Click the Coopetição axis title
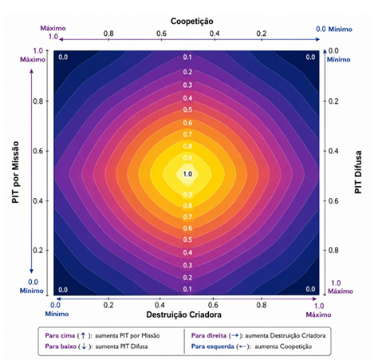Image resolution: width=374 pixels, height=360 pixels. point(191,22)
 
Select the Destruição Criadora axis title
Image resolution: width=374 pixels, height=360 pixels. point(183,315)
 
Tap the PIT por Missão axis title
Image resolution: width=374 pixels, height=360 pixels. point(15,172)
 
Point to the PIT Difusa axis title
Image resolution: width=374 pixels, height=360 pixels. point(358,172)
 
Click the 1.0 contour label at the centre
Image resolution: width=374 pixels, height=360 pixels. point(187,174)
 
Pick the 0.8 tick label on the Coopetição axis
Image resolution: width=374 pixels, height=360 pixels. point(108,34)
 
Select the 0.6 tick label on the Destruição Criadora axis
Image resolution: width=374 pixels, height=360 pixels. point(213,305)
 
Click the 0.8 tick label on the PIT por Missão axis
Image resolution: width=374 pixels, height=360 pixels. point(37,101)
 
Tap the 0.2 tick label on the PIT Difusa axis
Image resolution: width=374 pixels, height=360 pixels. point(333,101)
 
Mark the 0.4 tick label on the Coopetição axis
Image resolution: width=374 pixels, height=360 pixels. point(215,34)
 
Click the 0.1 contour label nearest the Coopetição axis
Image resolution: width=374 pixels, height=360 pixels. point(187,57)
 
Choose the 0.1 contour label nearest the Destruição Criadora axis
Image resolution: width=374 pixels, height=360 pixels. point(187,289)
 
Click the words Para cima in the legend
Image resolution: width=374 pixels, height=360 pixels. point(60,335)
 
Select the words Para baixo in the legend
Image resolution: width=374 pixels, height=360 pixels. point(61,346)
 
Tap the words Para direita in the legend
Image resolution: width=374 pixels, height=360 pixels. point(209,335)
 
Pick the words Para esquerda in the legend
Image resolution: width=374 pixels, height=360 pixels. point(213,346)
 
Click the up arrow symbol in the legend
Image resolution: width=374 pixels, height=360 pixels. point(83,335)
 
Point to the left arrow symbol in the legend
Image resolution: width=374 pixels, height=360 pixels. point(242,346)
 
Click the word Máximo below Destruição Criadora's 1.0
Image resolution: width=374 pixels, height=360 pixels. point(318,315)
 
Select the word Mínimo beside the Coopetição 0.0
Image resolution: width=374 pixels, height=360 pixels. point(341,30)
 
